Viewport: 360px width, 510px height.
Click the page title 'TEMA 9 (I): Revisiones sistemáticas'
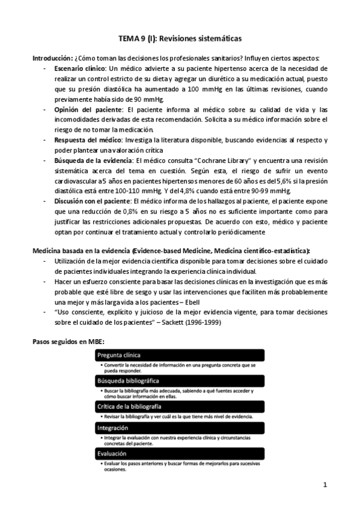pos(180,38)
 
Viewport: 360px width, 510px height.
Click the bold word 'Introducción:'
pos(52,58)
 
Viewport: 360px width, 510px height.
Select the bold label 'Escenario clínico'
pos(80,69)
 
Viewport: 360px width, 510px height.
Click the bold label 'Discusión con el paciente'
pos(94,201)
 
